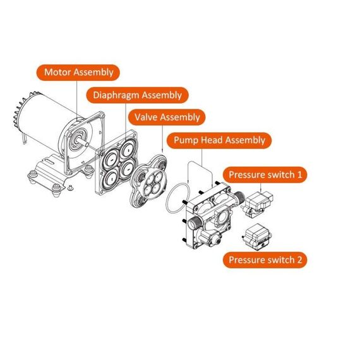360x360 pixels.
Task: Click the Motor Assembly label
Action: (x=78, y=72)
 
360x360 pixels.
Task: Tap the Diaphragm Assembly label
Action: (x=136, y=95)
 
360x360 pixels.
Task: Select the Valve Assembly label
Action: (x=167, y=117)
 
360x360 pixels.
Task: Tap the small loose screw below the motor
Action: (x=71, y=188)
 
